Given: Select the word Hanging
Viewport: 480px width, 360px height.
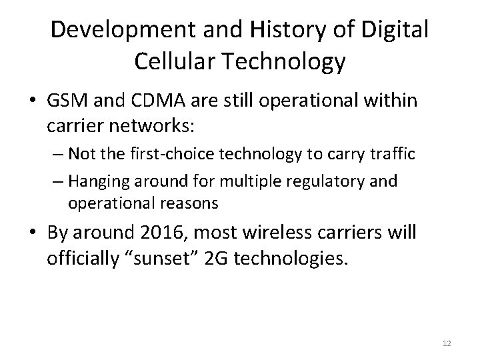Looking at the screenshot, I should coord(94,181).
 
